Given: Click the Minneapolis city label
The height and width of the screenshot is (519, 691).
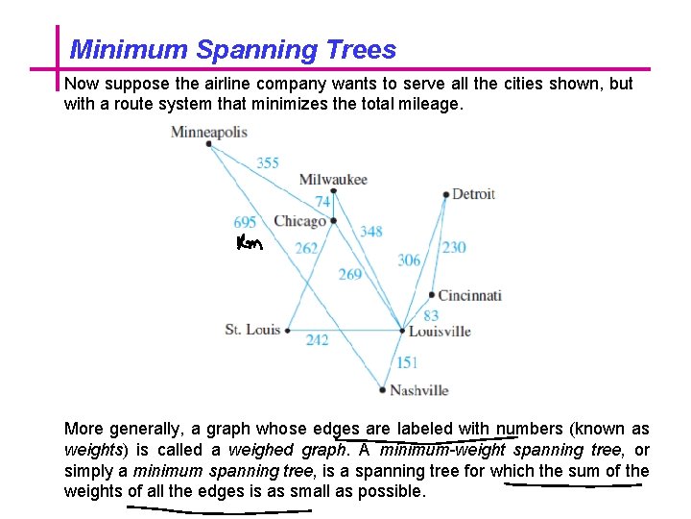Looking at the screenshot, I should (208, 133).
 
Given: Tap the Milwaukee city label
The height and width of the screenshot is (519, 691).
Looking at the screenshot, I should (333, 180).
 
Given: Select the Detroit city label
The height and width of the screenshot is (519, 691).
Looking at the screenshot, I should (473, 194).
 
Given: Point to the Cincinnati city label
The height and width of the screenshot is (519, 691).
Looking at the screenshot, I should (470, 295).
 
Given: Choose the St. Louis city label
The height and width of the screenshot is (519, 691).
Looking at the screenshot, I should (252, 330).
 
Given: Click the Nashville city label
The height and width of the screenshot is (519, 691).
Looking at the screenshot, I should (419, 390).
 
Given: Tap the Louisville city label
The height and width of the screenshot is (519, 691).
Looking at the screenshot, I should (440, 332).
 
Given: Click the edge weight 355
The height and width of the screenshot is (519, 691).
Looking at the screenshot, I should (268, 162).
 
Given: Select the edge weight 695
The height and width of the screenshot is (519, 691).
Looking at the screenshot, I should (245, 222).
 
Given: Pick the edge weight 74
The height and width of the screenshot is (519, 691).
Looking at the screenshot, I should (323, 201).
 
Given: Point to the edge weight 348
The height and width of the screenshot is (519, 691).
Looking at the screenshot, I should (370, 231).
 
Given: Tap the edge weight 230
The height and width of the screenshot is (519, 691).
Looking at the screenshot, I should (454, 247).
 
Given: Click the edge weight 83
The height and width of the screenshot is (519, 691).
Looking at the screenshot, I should (431, 315).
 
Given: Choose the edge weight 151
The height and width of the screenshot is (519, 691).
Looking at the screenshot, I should (407, 362).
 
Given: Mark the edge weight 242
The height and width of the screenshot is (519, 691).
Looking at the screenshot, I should (317, 339).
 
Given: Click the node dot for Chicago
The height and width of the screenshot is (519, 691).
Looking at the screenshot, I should (334, 221).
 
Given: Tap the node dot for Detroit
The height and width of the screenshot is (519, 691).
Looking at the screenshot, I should (446, 195).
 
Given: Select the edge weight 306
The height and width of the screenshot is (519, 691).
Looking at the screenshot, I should (409, 260).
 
